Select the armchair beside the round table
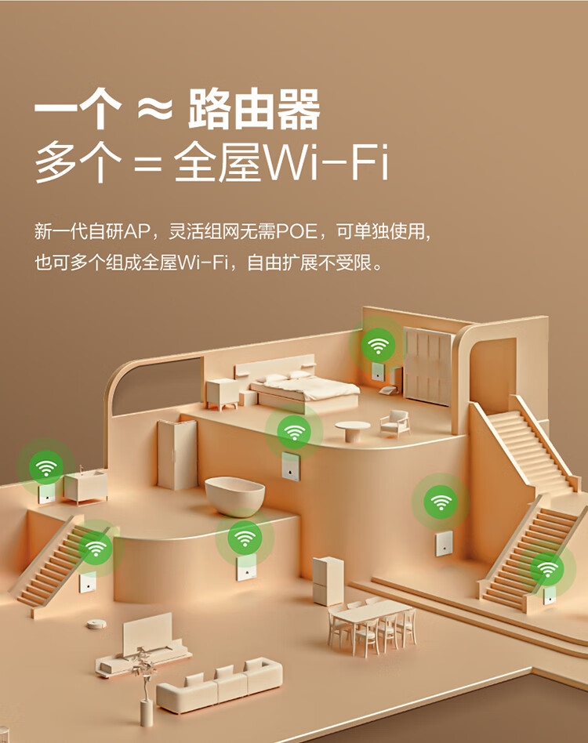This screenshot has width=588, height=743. (x=394, y=422)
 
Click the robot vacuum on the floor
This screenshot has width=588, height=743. (x=96, y=623)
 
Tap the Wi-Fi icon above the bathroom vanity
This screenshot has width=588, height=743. (x=46, y=469)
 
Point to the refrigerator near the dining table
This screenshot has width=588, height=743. (x=327, y=580)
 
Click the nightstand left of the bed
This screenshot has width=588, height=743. (x=223, y=393)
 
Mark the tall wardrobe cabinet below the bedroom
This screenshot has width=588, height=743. (x=176, y=455)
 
